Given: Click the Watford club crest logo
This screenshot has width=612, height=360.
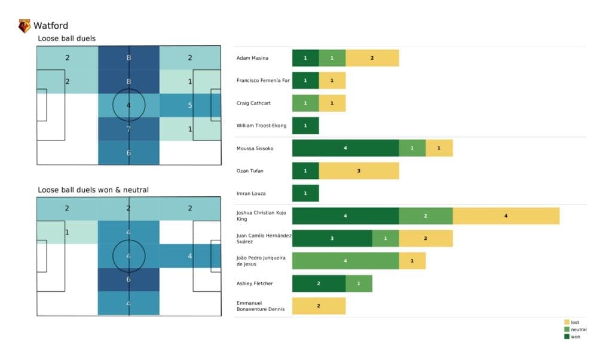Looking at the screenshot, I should coord(25,26).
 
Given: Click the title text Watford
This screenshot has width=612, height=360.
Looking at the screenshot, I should coord(51,26).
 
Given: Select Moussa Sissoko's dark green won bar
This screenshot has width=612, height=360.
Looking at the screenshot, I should coord(345,148).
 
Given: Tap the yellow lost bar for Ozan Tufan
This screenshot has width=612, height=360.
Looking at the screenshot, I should coord(359,171).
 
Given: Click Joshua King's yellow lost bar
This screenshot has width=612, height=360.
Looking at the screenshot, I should coord(506,216).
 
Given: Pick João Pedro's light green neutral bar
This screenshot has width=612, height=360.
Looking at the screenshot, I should coord(345,261).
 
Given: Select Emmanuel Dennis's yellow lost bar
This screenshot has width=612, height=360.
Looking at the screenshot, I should coord(319,306).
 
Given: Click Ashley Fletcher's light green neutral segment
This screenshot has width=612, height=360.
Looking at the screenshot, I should coord(359,283).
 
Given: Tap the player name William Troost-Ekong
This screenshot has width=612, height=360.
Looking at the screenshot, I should coord(262,126).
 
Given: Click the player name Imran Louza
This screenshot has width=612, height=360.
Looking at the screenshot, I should coord(251,193).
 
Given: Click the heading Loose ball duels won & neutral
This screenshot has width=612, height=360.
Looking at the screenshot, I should coord(93,190).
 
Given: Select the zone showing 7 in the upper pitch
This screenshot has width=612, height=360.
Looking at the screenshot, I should coord(128,129).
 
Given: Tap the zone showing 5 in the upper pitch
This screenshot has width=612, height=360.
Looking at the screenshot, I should coord(189,106).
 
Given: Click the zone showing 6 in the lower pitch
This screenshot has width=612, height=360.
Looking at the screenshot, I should coord(128,279).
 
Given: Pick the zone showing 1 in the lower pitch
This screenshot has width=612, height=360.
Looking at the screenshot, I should coord(67,232).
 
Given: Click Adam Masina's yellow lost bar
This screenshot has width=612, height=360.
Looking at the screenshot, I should coord(372,58).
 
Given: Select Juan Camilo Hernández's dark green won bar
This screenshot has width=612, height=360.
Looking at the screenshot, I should coord(332,239).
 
